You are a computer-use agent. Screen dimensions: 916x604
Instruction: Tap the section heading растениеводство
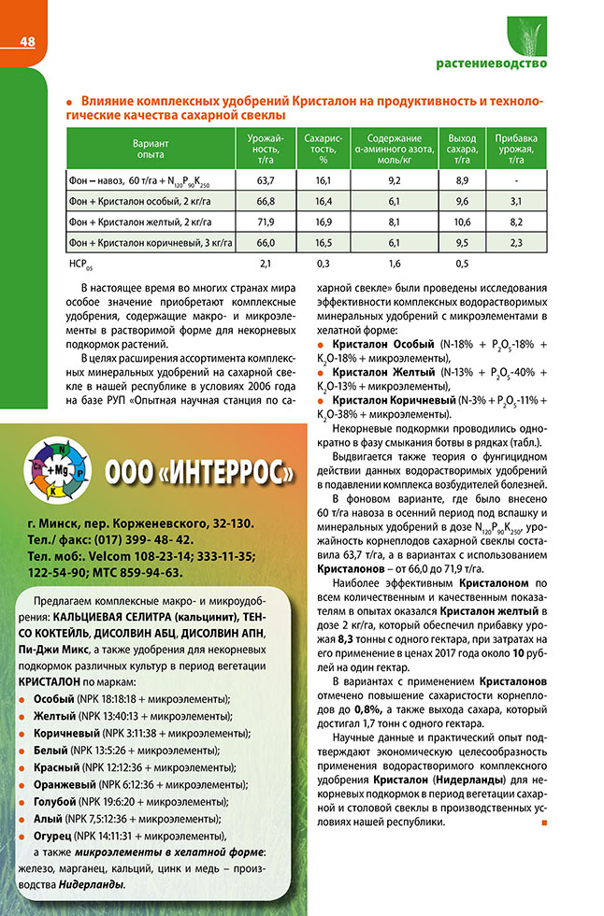pos(492,64)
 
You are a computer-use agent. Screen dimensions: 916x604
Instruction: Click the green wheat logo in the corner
pos(525,35)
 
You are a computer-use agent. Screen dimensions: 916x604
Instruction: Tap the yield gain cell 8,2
pos(514,222)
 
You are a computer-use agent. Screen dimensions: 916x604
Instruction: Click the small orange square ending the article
pos(544,823)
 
